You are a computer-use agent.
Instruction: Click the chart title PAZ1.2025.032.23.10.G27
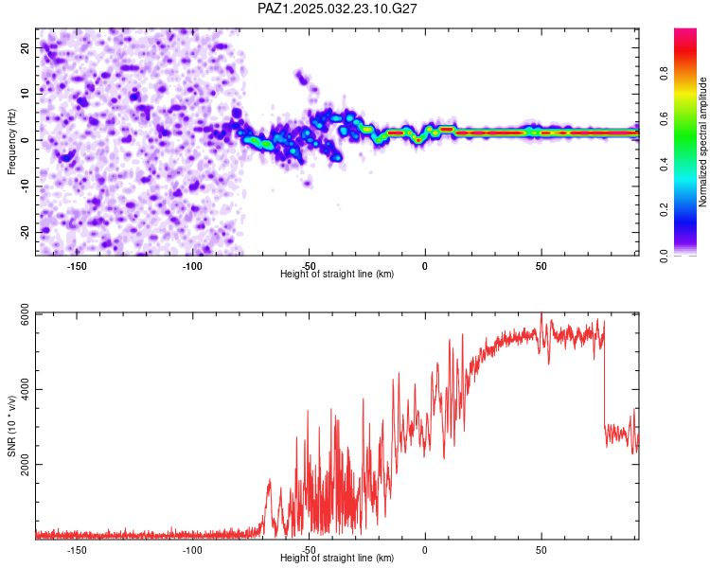tap(337, 9)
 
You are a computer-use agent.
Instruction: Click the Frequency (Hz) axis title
tap(11, 142)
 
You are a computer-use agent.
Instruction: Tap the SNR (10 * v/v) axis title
tap(11, 426)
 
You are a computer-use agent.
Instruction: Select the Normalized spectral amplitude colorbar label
tap(702, 142)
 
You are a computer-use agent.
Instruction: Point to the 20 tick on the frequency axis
tap(25, 48)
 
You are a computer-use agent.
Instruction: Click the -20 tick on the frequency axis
tap(25, 233)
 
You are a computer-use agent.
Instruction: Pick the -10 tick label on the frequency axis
tap(25, 186)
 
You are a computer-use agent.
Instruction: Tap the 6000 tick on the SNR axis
tap(25, 315)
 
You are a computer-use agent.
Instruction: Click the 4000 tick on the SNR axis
tap(25, 389)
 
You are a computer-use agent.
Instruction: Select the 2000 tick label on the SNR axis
tap(25, 465)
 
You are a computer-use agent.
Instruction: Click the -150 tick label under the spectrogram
tap(77, 266)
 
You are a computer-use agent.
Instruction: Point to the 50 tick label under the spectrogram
tap(541, 266)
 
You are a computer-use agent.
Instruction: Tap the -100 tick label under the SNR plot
tap(192, 550)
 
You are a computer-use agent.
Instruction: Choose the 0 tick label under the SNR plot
tap(425, 550)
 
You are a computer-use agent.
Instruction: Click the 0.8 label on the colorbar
tap(664, 73)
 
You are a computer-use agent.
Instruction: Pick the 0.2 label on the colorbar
tap(664, 210)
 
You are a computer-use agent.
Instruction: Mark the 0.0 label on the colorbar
tap(664, 256)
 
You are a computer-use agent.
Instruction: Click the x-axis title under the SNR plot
tap(337, 558)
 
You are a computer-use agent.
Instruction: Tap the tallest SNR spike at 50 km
tap(541, 315)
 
